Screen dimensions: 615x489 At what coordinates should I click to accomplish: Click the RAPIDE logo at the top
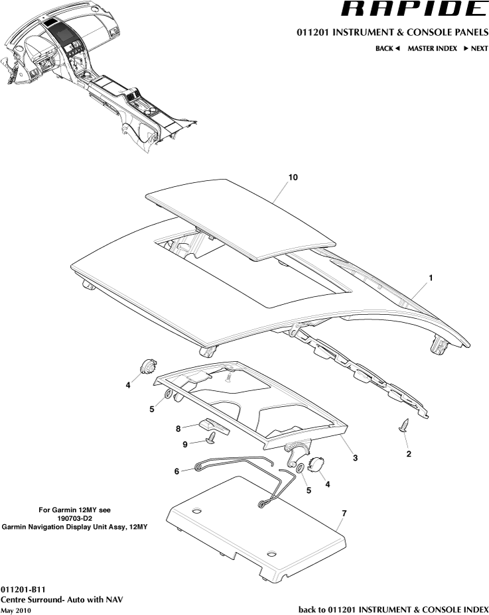tap(412, 9)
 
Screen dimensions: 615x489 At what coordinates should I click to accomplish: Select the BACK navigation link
tap(387, 48)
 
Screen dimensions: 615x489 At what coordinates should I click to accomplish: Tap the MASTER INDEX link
tap(432, 48)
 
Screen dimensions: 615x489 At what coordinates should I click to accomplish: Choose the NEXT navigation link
tap(476, 48)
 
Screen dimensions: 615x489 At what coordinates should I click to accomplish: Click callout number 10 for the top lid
tap(292, 178)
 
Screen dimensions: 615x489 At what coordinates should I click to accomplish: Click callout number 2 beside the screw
tap(408, 454)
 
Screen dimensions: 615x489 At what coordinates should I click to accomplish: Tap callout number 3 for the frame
tap(355, 457)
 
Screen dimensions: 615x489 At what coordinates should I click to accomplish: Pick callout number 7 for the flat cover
tap(343, 513)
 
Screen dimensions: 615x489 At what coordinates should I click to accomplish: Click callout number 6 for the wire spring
tap(176, 471)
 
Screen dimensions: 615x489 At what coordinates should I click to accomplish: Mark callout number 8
tap(178, 428)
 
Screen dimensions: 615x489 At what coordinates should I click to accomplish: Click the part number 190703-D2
tap(74, 518)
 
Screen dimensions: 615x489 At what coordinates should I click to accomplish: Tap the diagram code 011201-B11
tap(23, 589)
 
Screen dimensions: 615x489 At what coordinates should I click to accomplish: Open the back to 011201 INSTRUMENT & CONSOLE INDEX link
tap(393, 609)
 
